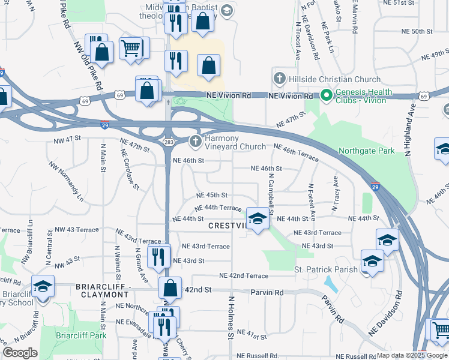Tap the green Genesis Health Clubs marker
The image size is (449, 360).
326,95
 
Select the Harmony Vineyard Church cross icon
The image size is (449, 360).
195,142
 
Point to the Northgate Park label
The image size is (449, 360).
366,151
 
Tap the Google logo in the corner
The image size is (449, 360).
20,353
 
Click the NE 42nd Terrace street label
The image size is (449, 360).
244,275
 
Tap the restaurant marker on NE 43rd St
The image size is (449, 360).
157,257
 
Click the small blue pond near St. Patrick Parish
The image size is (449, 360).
330,282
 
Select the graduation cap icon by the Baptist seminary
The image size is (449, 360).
227,10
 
